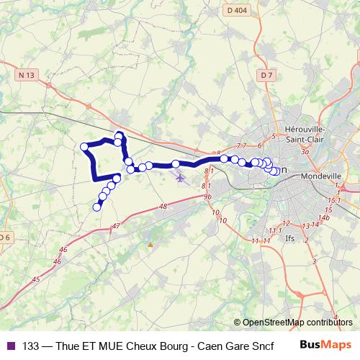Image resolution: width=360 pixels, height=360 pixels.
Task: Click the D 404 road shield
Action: point(235,11)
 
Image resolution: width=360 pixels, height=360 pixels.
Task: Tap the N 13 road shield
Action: point(27,75)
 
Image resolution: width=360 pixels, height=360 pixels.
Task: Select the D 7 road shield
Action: point(267,74)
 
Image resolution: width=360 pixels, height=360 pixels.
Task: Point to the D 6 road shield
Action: point(5,237)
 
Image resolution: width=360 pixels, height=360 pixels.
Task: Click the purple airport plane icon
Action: point(180,177)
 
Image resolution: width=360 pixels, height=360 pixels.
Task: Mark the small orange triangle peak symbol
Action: point(150,245)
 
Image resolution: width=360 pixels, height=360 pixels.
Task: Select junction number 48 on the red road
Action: point(163,207)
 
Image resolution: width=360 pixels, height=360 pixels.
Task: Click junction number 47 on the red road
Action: point(116,226)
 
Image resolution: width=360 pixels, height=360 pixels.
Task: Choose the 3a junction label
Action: point(305,152)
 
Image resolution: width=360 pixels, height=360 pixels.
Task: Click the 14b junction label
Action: point(325,217)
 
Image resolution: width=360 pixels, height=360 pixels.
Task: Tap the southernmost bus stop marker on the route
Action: point(96,207)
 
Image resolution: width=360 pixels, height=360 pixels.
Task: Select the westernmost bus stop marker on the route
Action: point(84,147)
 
